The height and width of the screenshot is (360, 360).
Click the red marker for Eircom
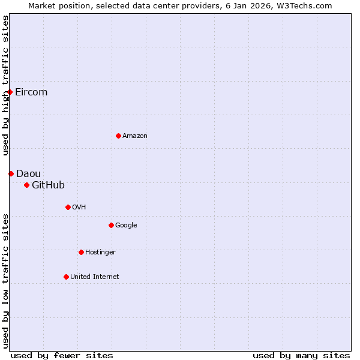coord(10,92)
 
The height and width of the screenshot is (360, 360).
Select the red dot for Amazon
coord(118,136)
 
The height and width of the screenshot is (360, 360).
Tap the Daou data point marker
coord(11,173)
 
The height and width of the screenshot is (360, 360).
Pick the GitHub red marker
coord(26,185)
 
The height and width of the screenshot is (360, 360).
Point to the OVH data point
coord(68,207)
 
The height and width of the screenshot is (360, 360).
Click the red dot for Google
coord(111,225)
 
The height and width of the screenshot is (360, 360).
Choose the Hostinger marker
coord(81,252)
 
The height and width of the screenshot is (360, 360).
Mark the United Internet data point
coord(66,277)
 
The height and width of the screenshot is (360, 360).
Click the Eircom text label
coord(31,92)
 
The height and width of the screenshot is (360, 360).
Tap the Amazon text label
coord(135,136)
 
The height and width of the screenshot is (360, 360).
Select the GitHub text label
coord(48,185)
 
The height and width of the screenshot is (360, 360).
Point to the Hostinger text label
coord(100,252)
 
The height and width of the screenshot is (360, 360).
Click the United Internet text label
coord(95,277)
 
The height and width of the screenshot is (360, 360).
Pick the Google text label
coord(126,225)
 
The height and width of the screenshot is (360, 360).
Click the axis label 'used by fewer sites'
coord(62,355)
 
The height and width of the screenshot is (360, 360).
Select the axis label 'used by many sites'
coord(301,355)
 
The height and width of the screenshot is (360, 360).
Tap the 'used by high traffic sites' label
coord(5,85)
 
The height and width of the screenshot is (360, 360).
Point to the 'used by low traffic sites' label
coord(5,281)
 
